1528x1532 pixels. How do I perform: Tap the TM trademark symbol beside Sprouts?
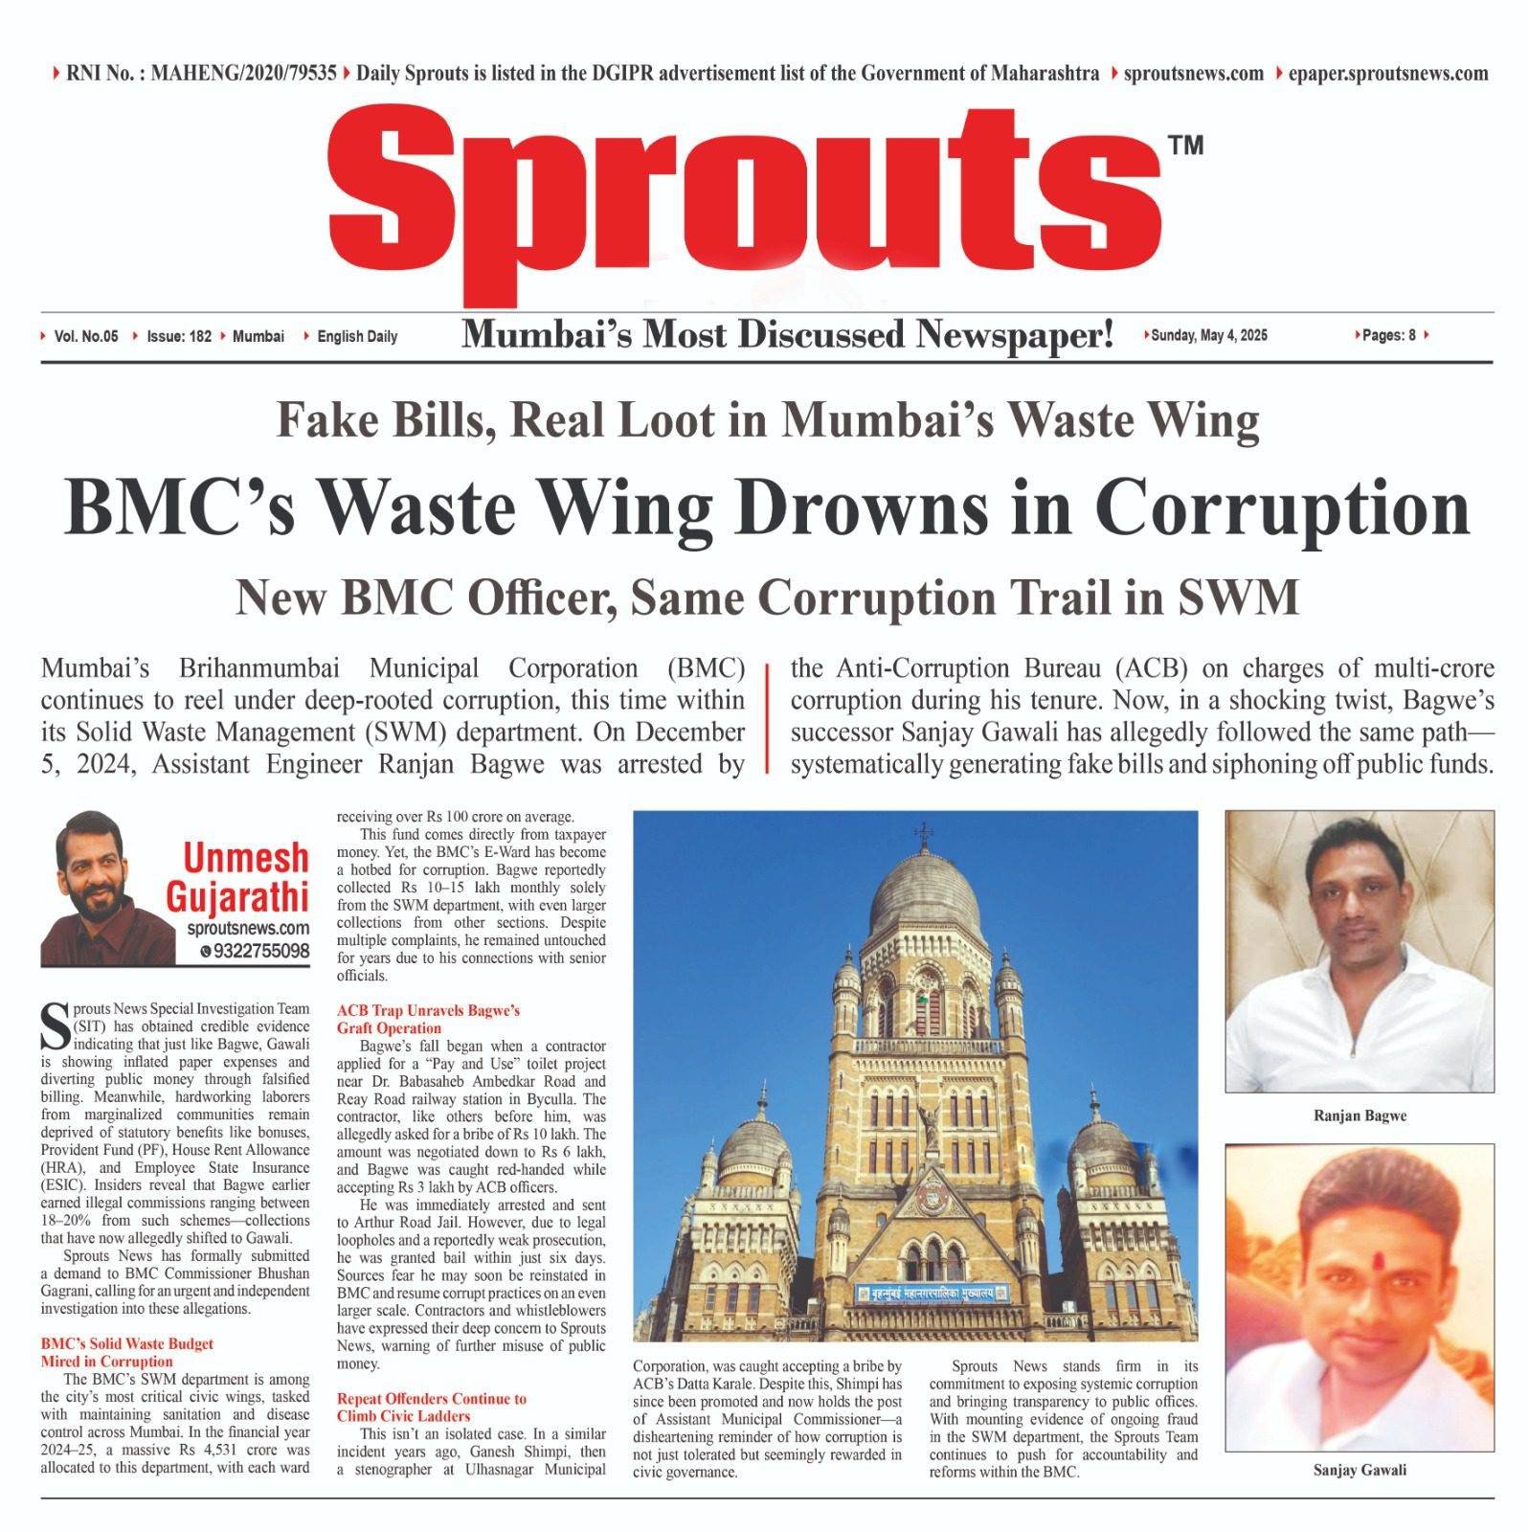point(1185,146)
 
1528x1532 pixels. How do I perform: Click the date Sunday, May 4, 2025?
point(1209,335)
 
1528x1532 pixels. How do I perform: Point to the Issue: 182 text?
point(179,336)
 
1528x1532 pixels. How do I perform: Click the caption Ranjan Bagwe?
point(1359,1115)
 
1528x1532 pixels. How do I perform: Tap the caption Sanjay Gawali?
point(1359,1470)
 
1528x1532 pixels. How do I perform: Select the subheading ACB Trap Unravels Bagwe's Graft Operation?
point(428,1019)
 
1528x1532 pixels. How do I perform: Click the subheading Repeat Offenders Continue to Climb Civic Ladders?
point(431,1407)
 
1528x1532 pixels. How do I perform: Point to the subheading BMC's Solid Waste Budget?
point(126,1343)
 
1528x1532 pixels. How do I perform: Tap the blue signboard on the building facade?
point(930,1292)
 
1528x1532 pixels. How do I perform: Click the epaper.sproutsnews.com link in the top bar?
point(1387,73)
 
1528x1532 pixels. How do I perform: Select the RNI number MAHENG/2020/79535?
point(243,73)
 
